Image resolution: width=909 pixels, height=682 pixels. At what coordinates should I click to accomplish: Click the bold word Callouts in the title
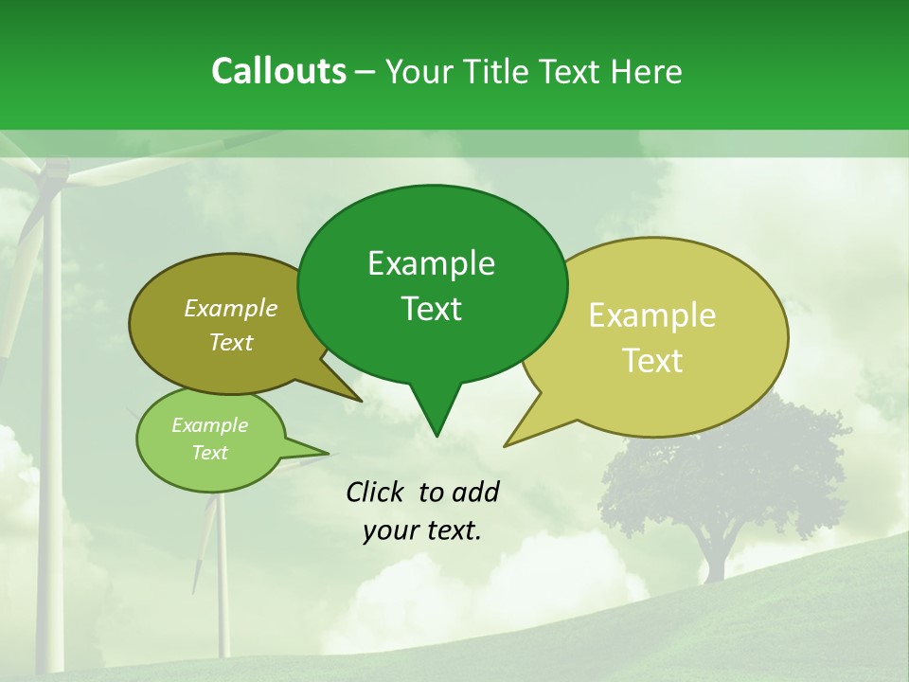(x=278, y=71)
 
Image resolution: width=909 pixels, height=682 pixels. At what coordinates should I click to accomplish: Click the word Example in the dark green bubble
(x=431, y=263)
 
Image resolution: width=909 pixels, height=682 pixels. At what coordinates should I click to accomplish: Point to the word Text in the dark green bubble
(x=431, y=309)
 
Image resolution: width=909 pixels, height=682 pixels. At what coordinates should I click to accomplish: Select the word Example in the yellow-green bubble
(x=652, y=315)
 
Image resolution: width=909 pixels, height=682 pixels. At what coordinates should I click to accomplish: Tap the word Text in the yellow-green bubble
(x=653, y=361)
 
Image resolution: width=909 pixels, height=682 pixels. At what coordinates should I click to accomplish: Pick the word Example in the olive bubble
(x=231, y=308)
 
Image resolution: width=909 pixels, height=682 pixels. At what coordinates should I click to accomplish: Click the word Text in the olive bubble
(x=231, y=342)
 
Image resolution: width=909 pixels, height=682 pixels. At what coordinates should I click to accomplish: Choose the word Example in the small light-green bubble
(x=209, y=425)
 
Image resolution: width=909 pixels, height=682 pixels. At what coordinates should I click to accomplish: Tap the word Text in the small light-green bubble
(x=209, y=453)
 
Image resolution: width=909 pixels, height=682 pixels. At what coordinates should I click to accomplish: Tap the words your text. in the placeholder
(x=422, y=530)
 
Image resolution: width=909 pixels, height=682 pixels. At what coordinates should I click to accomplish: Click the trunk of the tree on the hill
(x=713, y=559)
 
